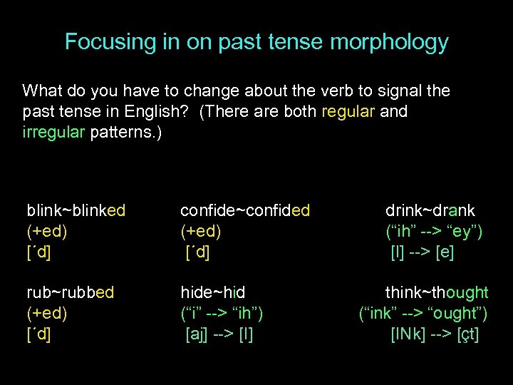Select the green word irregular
pyautogui.click(x=53, y=133)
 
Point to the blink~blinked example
pyautogui.click(x=76, y=210)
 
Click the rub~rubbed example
pyautogui.click(x=71, y=292)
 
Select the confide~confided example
pyautogui.click(x=245, y=210)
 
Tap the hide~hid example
pyautogui.click(x=212, y=292)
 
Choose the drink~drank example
pyautogui.click(x=430, y=210)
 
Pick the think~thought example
pyautogui.click(x=437, y=292)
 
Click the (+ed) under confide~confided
pyautogui.click(x=201, y=231)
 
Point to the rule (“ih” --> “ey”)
pyautogui.click(x=434, y=231)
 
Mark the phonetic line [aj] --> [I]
pyautogui.click(x=219, y=334)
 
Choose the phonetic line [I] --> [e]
pyautogui.click(x=423, y=252)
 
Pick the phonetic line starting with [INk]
pyautogui.click(x=435, y=334)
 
